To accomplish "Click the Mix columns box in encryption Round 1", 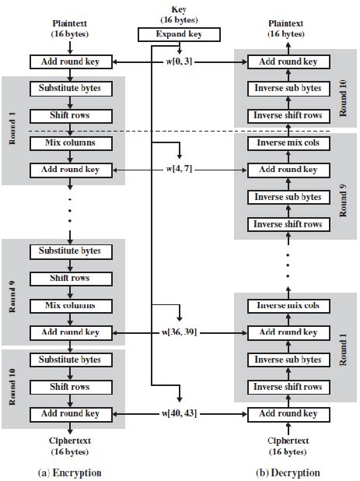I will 69,143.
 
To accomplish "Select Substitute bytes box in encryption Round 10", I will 69,360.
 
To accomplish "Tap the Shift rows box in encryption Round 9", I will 69,278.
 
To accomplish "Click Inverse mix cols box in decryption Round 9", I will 287,143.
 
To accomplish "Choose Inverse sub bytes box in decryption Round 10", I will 287,88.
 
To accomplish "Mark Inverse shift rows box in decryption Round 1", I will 287,387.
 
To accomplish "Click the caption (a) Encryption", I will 69,472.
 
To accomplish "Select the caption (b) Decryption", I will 287,472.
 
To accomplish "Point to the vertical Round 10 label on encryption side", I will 12,387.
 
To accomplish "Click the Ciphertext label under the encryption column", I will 69,441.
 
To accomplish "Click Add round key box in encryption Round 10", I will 69,413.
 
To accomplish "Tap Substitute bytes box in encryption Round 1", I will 69,88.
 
